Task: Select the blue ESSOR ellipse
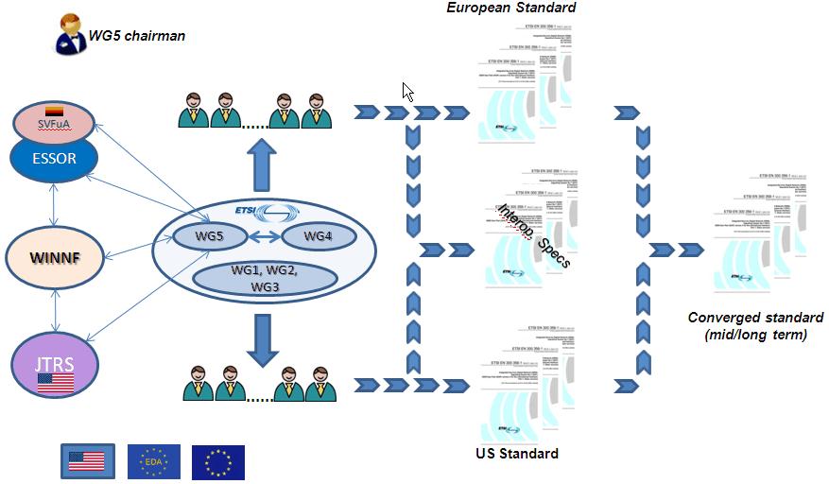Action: click(x=54, y=158)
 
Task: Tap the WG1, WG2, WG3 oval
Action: click(x=264, y=278)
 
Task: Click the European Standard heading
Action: click(x=510, y=9)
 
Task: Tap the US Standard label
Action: click(x=516, y=453)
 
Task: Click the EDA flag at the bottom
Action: click(x=155, y=461)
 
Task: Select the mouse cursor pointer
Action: click(x=407, y=91)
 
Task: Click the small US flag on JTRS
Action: click(x=54, y=384)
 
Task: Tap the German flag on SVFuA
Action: click(x=54, y=112)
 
